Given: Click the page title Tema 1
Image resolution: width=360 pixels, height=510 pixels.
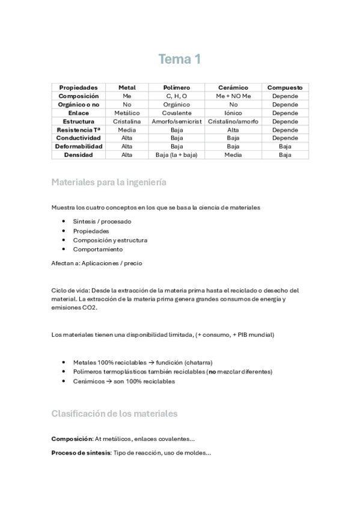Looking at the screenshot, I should coord(179,59).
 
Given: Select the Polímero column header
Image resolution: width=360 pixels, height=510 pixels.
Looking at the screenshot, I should coord(177,88).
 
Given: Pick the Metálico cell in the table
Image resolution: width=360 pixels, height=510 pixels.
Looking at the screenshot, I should coord(127,113).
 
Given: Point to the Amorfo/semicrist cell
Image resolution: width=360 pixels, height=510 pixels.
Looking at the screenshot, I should coord(177,121).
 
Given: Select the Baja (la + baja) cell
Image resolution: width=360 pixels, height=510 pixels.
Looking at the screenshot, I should coord(177,155).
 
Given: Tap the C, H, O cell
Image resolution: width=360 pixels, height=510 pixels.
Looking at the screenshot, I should coord(177,96).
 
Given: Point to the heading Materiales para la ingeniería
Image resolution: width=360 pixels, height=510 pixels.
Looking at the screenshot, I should coord(109,182).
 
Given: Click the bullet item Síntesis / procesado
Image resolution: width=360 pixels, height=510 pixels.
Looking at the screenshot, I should coord(102,221).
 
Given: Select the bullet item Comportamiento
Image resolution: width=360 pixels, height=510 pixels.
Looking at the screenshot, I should coord(97,249).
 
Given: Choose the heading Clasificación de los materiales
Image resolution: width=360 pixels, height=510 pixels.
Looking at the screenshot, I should coord(114,414).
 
